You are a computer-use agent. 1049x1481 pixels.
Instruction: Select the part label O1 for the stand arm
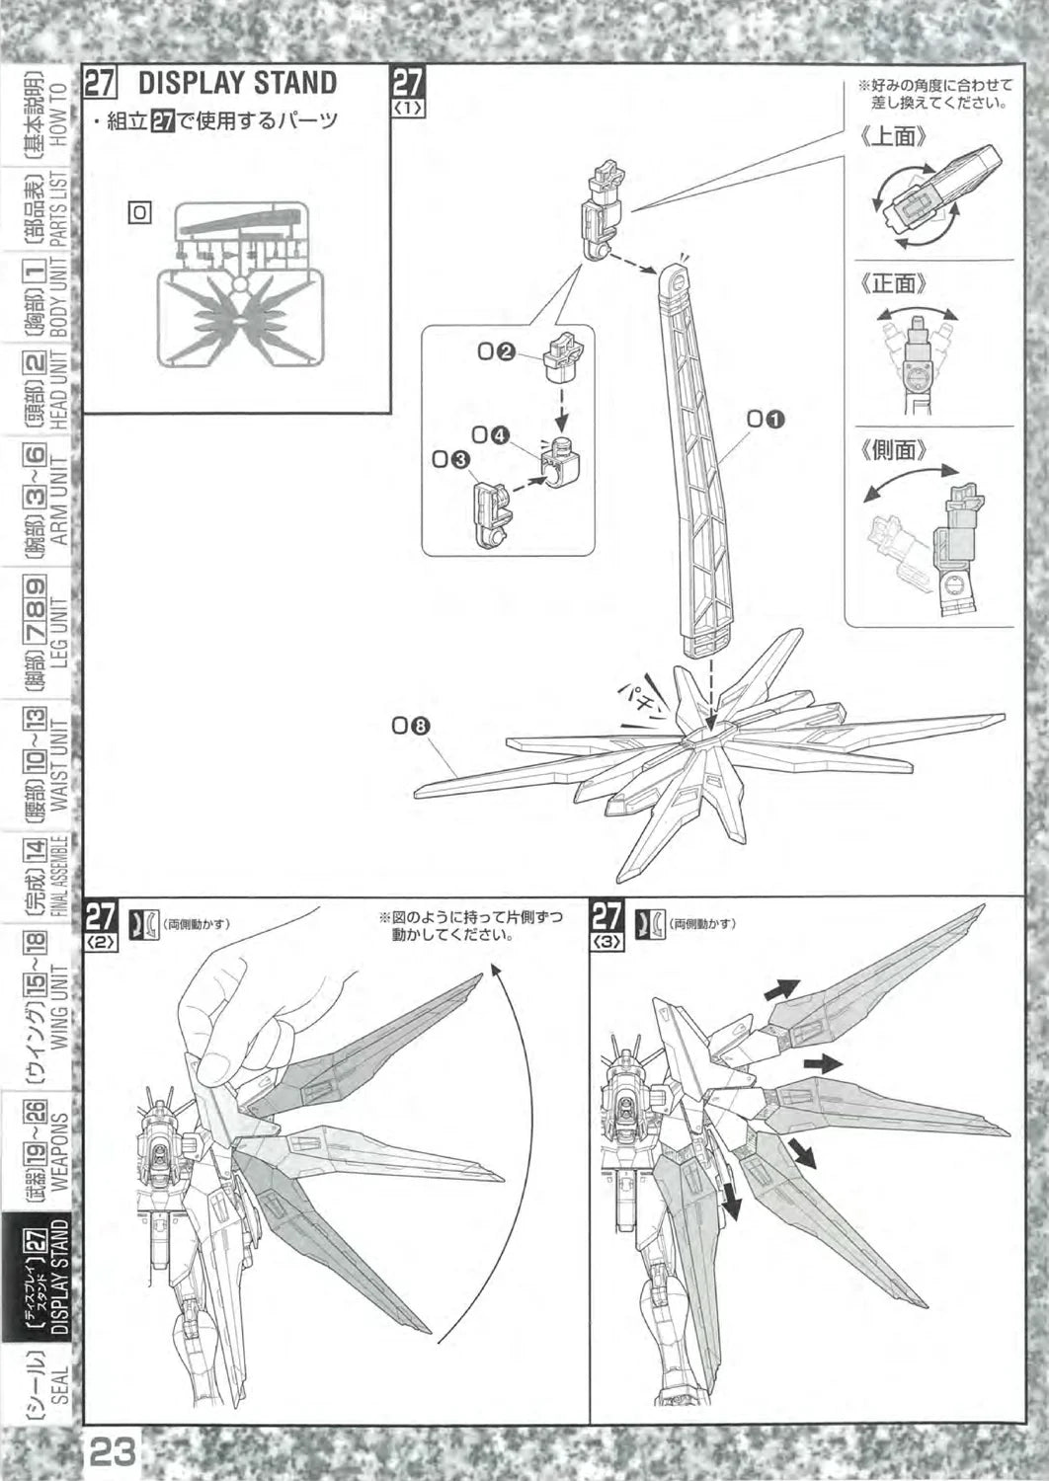coord(766,420)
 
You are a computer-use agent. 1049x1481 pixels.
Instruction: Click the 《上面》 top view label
coord(894,137)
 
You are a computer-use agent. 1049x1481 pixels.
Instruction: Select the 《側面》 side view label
coord(894,450)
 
